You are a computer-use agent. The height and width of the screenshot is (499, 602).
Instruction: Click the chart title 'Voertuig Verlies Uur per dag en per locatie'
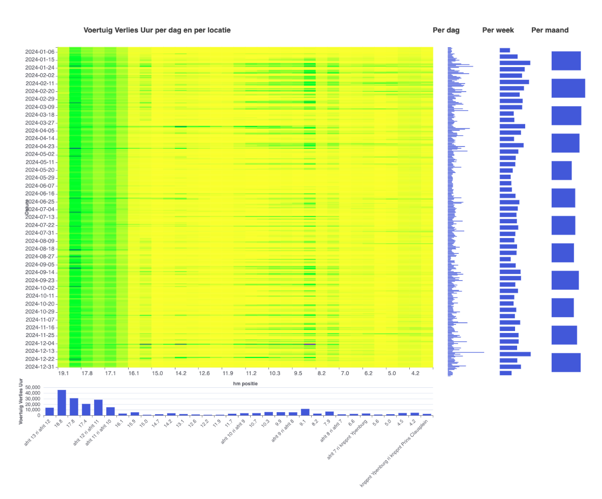click(157, 30)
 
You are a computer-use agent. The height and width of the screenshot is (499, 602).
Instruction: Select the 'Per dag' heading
click(446, 30)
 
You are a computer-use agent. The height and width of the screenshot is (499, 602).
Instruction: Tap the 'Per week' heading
click(498, 30)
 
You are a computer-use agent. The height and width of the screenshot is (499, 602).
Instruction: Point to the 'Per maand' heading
click(550, 30)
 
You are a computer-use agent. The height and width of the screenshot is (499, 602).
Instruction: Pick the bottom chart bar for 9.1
click(305, 412)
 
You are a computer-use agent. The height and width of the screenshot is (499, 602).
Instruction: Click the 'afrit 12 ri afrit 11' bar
click(98, 408)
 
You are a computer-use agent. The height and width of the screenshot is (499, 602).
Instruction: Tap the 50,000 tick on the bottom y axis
click(32, 387)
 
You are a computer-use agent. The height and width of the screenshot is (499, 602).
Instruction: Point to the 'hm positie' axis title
click(245, 383)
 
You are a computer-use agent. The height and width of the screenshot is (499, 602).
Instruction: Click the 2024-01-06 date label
click(40, 52)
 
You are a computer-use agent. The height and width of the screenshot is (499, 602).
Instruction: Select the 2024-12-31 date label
click(40, 367)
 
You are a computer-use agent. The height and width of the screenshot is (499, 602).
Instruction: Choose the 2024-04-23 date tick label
click(40, 146)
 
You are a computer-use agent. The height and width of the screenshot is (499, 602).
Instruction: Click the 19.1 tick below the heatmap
click(63, 374)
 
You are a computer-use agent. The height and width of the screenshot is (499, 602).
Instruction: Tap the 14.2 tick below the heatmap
click(180, 374)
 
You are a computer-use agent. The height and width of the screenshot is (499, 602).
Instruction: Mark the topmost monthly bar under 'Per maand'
click(566, 61)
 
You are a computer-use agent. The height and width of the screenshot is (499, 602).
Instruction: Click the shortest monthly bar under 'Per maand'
click(561, 171)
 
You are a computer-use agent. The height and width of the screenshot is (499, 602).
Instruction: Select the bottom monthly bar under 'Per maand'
click(566, 362)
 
